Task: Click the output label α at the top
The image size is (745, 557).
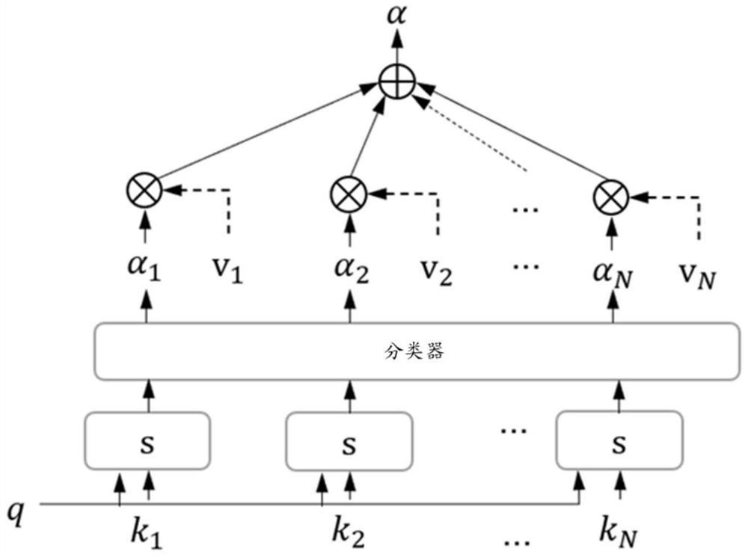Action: (x=396, y=15)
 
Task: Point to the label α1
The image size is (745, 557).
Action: (x=147, y=271)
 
